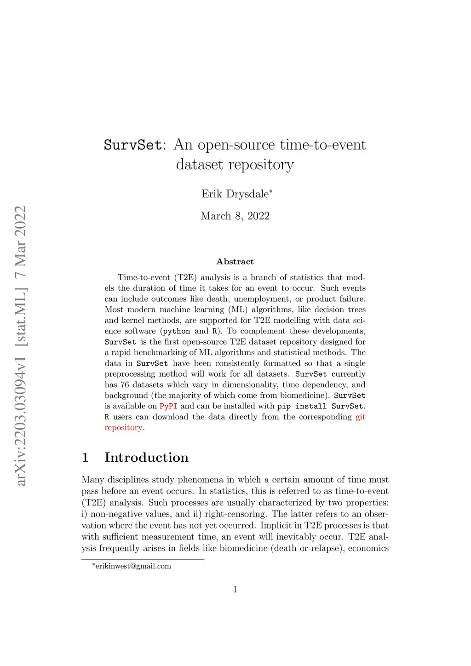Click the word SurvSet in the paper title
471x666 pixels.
point(132,145)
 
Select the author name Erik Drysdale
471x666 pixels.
point(235,194)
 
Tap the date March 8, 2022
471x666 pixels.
point(235,216)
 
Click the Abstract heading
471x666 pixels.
point(235,262)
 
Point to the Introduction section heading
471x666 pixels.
point(146,457)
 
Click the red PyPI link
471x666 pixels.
point(168,406)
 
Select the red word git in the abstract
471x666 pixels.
point(361,417)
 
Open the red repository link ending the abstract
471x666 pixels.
point(123,428)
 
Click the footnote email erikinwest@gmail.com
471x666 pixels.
point(133,566)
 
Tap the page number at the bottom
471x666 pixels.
point(235,590)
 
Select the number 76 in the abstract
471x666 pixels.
point(125,385)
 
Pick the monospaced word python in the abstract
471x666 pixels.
point(176,331)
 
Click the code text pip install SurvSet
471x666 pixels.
point(320,406)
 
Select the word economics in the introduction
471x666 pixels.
point(368,548)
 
